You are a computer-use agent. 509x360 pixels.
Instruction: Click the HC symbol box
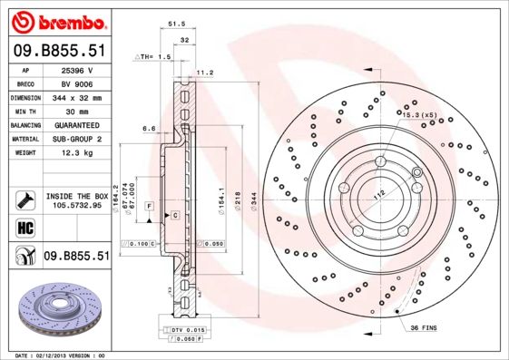click(24, 228)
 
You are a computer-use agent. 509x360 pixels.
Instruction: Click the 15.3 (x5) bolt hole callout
click(418, 115)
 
